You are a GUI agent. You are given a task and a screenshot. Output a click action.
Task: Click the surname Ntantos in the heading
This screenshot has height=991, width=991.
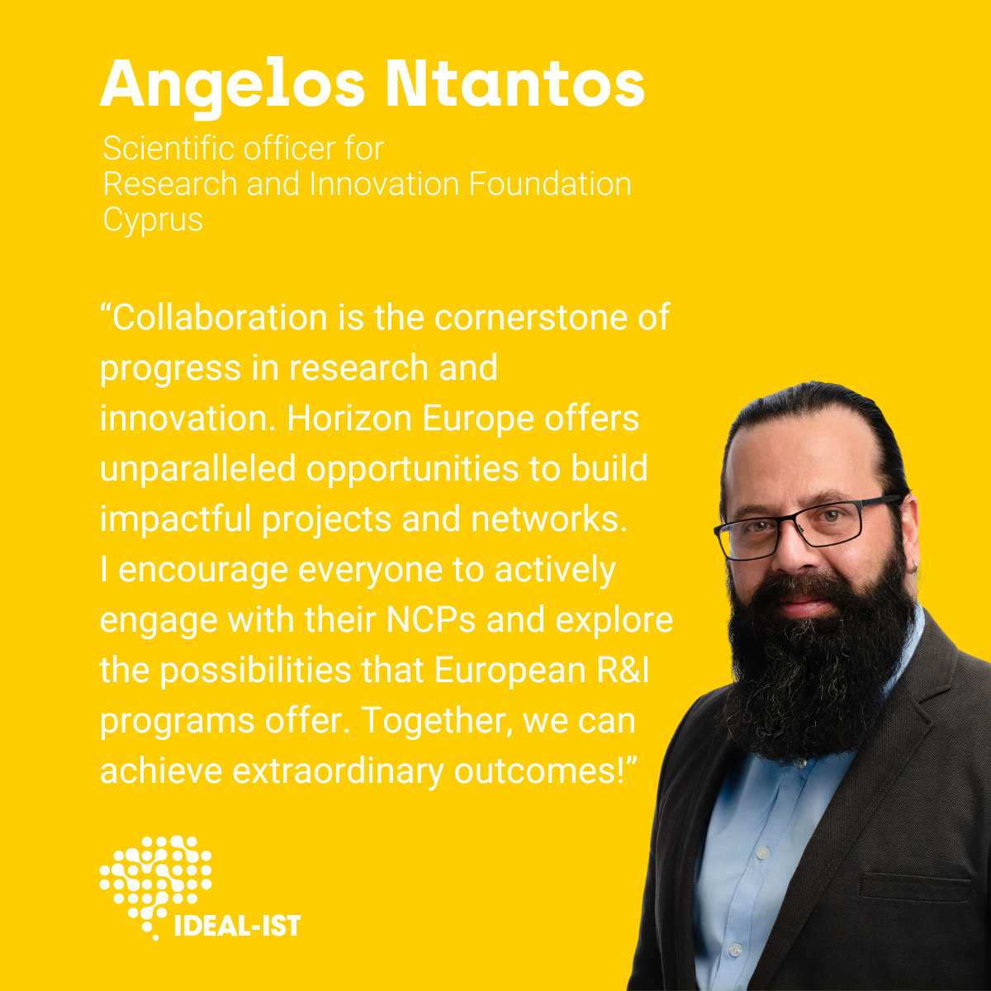[x=515, y=83]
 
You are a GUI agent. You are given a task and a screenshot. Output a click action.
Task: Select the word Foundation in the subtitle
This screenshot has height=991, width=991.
[x=550, y=183]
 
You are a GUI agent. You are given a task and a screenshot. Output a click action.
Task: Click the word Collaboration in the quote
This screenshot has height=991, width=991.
[x=220, y=317]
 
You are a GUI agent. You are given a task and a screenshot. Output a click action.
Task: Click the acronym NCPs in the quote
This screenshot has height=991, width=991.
[x=431, y=621]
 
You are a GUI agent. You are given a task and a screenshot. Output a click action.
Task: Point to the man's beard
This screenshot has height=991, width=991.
[x=818, y=663]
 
